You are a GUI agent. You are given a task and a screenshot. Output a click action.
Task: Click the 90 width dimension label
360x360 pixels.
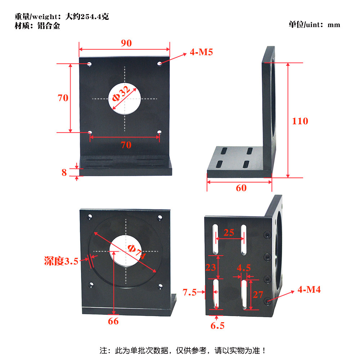click(x=126, y=43)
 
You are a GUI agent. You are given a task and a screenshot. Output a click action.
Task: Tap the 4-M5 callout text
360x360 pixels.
click(x=201, y=52)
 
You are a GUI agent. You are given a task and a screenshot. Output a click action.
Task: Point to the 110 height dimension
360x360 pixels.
click(x=300, y=121)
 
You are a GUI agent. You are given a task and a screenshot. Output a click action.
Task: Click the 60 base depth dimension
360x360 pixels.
click(x=241, y=188)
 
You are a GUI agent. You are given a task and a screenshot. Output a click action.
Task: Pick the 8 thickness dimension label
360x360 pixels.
click(x=64, y=172)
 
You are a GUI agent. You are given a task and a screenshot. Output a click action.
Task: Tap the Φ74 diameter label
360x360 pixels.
click(x=137, y=252)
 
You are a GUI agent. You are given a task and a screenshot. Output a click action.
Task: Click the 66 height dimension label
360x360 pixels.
click(x=113, y=321)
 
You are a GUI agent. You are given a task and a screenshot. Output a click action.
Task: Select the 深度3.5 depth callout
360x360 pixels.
click(x=61, y=261)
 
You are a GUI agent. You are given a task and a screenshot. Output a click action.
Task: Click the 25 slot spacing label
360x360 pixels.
click(x=229, y=233)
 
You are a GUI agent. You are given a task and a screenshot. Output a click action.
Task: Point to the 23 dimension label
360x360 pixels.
click(x=211, y=267)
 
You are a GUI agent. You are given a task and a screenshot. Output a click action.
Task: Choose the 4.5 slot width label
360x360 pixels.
click(x=244, y=268)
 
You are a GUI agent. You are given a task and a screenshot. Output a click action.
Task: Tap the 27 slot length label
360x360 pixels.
click(x=258, y=294)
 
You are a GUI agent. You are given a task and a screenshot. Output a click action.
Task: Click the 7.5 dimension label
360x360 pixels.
click(x=189, y=292)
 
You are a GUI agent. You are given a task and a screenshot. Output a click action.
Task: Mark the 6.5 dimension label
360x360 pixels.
click(x=217, y=325)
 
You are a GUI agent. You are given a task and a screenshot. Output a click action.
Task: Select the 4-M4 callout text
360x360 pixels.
click(x=309, y=289)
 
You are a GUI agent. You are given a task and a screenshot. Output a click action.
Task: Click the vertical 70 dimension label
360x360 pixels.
click(x=63, y=98)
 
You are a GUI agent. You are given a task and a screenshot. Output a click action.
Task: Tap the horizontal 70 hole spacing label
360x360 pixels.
click(x=126, y=145)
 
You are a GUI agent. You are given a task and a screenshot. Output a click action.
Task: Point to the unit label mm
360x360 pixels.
click(x=334, y=25)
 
